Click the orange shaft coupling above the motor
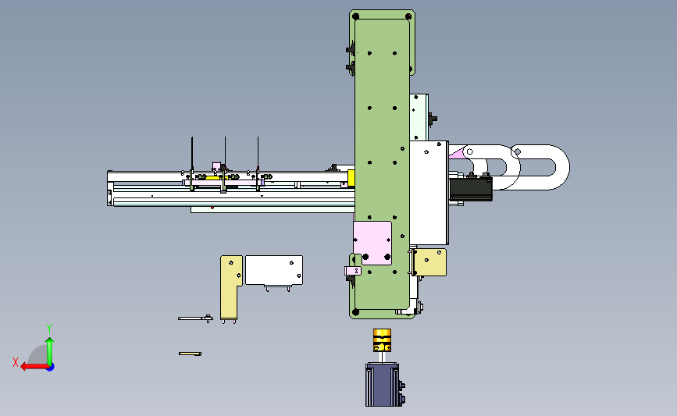click(382, 340)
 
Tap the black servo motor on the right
click(471, 189)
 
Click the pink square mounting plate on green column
click(372, 243)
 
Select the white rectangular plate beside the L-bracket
click(274, 270)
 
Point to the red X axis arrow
click(34, 367)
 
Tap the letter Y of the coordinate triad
click(49, 329)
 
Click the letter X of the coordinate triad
click(16, 362)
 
